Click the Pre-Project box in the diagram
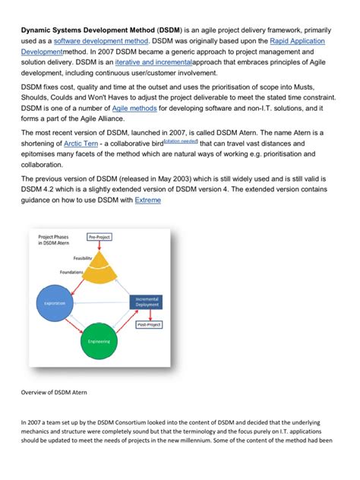click(99, 237)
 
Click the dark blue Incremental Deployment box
click(147, 302)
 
